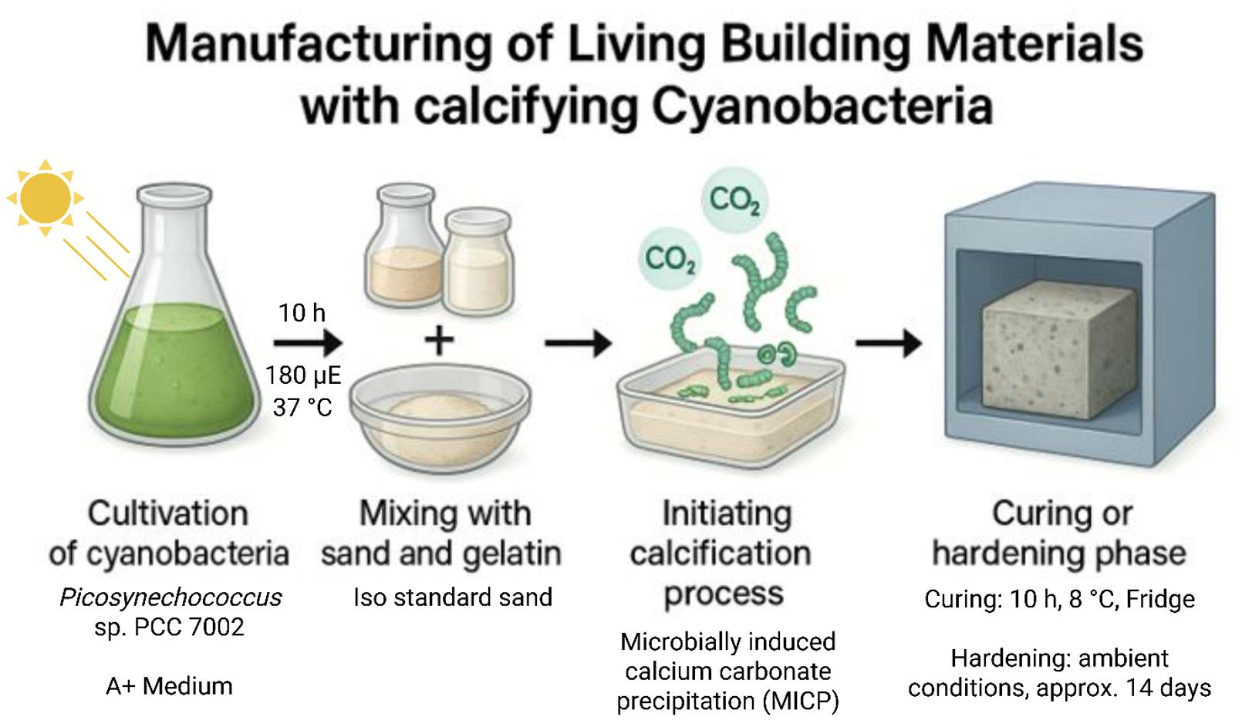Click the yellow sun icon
(46, 198)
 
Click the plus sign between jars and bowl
(439, 340)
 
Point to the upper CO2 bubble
(734, 200)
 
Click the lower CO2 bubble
(670, 258)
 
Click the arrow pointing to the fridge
(889, 343)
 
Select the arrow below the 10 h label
(307, 343)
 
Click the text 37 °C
(302, 406)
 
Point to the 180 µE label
(302, 375)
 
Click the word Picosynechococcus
(170, 597)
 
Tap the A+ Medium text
(169, 685)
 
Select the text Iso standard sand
(453, 597)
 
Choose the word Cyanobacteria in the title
(822, 106)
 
